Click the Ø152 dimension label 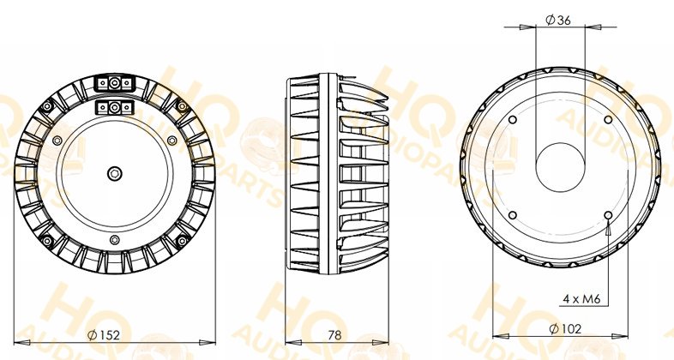(103, 334)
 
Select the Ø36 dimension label (558, 20)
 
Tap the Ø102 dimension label (565, 329)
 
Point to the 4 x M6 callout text (581, 299)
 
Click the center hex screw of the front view (114, 173)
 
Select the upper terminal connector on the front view (114, 83)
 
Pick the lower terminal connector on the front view (114, 107)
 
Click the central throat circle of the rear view (561, 167)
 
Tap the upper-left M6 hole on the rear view (512, 119)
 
